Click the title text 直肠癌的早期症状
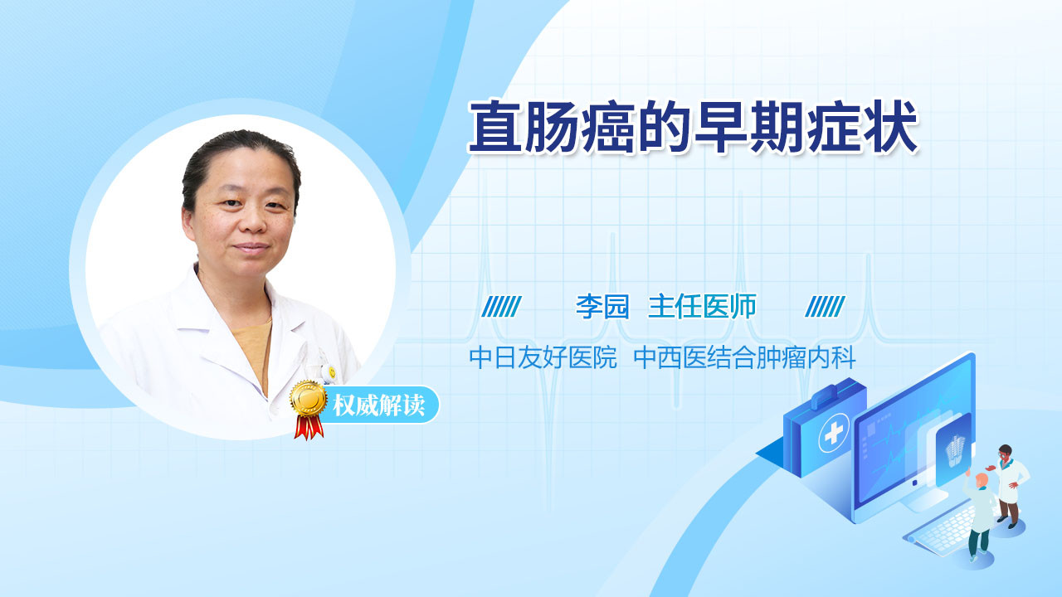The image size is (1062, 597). tap(693, 127)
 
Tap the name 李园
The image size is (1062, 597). tap(602, 307)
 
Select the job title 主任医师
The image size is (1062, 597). tap(702, 307)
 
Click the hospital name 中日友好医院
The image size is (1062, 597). tap(543, 357)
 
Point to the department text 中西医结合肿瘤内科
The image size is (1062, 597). tap(745, 357)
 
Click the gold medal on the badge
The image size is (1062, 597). tap(309, 400)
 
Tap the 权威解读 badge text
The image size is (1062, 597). tap(378, 405)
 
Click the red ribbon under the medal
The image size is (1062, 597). tap(309, 427)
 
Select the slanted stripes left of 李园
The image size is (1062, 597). tap(502, 307)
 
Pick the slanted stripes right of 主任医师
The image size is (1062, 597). tap(825, 307)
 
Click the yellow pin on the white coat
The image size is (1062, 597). tap(332, 372)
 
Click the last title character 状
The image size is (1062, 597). tap(891, 127)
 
